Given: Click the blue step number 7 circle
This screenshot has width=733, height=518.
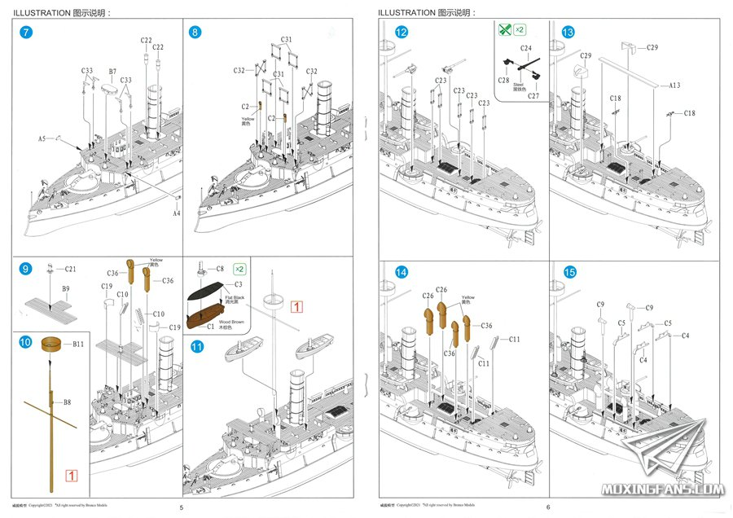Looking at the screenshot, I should point(27,33).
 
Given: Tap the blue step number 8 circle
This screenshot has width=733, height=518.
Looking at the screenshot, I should point(195,33).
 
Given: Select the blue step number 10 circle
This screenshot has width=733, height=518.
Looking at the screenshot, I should point(27,343).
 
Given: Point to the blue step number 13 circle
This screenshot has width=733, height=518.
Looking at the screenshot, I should point(568,33).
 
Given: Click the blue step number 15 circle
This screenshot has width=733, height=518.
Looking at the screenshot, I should point(568,272).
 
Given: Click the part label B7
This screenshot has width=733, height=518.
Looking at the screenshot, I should point(112,72).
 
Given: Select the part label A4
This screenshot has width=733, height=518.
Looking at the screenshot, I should point(176,213).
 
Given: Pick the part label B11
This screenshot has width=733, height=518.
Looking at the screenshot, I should point(78,345).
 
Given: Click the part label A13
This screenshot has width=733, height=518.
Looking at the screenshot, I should point(674,85).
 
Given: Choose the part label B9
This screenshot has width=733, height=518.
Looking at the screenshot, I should point(66,289).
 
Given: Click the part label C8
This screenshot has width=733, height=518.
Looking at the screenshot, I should point(220,269).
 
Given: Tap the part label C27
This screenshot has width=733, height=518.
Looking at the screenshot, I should point(533,96).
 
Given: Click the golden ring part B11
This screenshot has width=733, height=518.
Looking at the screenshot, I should point(53,345).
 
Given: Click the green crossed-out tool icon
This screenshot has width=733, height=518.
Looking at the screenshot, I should point(505,30).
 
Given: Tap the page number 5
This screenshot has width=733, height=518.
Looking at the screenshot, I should point(182,507).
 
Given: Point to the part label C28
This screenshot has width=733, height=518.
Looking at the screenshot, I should point(505,80).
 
